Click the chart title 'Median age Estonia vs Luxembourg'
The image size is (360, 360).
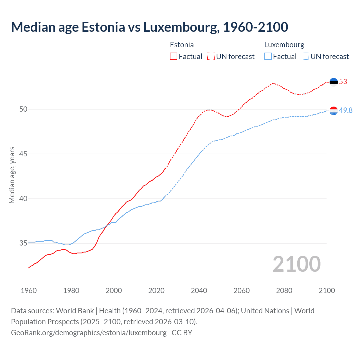tap(149, 27)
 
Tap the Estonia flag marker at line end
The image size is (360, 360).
tap(334, 82)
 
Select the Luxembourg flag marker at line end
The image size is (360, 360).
tap(334, 111)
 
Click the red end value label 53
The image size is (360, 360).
tap(343, 82)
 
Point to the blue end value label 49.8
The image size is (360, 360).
tap(346, 111)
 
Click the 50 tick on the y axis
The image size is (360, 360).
tap(23, 109)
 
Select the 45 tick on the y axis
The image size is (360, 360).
tap(23, 154)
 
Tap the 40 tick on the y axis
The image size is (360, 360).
tap(23, 199)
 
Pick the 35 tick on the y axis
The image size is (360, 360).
tap(23, 243)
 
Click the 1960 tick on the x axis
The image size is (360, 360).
tap(29, 291)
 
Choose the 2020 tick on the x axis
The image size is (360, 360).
tap(156, 291)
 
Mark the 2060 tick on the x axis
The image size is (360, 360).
tap(242, 291)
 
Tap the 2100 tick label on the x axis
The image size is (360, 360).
tap(327, 291)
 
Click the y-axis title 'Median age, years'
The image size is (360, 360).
tap(12, 175)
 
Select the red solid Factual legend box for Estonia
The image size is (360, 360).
tap(174, 57)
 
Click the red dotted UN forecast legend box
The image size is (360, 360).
tap(211, 57)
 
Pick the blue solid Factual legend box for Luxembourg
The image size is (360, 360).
tap(268, 57)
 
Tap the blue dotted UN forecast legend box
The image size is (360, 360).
tap(305, 57)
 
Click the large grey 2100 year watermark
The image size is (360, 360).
tap(296, 264)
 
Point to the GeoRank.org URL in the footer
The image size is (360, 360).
tap(89, 333)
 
